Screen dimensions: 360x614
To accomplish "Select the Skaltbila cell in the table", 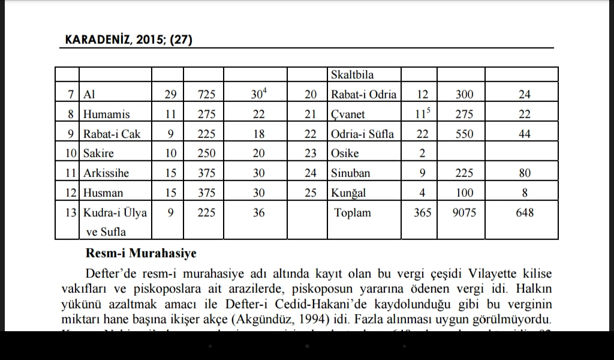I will click(352, 74).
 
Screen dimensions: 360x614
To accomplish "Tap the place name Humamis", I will click(107, 114).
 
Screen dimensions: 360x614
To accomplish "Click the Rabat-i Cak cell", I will click(112, 134).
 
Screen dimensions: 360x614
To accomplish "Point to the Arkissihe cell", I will click(106, 173).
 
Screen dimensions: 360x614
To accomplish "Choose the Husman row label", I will click(103, 193).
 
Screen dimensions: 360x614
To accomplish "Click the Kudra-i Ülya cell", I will click(115, 213).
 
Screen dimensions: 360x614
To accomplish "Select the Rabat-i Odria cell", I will click(363, 94).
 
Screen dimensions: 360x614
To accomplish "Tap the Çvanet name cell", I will click(348, 114).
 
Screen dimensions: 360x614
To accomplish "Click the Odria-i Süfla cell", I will click(362, 134).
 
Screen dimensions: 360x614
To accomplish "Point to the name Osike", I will click(345, 154).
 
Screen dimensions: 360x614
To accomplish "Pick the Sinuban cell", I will click(350, 173).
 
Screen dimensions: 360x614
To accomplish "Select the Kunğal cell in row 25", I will click(348, 193).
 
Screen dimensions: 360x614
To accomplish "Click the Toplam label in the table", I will click(353, 213).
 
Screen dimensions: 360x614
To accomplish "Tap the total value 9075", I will click(464, 213).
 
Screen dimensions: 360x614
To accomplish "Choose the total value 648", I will click(525, 213).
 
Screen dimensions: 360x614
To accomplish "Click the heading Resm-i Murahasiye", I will click(141, 254).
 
